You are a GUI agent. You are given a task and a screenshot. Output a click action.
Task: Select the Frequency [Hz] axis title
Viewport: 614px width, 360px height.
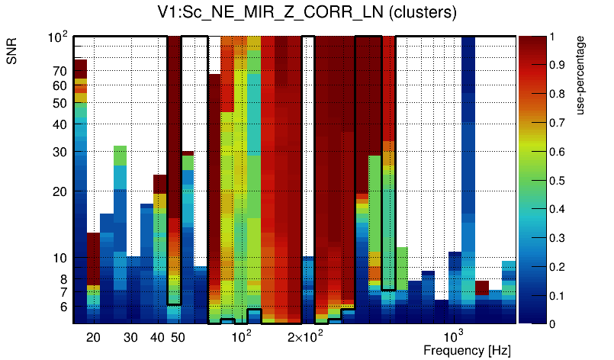point(467,350)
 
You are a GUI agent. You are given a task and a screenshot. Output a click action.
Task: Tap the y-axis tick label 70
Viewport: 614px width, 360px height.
point(59,71)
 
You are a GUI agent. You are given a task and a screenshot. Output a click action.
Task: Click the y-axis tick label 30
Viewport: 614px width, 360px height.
point(59,152)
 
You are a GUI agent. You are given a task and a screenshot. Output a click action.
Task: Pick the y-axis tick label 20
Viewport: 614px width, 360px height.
point(59,191)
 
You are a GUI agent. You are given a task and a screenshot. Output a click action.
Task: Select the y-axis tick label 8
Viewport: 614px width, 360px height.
point(63,279)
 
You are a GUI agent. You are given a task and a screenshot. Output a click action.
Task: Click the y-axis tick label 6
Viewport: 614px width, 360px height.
point(63,307)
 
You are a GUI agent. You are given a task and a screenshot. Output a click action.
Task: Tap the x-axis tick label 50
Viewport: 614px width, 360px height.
point(177,337)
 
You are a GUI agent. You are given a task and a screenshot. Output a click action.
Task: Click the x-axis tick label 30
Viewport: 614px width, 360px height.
point(130,337)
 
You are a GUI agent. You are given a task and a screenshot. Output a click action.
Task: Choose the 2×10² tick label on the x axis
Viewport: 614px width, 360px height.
point(305,336)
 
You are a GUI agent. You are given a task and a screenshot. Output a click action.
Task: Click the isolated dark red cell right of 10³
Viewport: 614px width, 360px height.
point(482,288)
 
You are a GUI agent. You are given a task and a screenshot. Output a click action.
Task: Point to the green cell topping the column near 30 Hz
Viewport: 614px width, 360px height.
point(121,155)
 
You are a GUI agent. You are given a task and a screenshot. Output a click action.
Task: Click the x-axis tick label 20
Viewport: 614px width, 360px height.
point(93,337)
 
